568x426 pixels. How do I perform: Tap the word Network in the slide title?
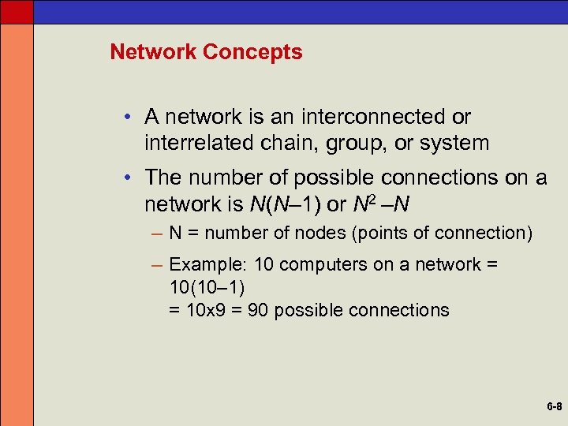pyautogui.click(x=154, y=52)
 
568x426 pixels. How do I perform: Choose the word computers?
pyautogui.click(x=321, y=265)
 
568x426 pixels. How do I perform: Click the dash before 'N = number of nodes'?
pyautogui.click(x=158, y=234)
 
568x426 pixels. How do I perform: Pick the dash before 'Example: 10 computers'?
pyautogui.click(x=158, y=265)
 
